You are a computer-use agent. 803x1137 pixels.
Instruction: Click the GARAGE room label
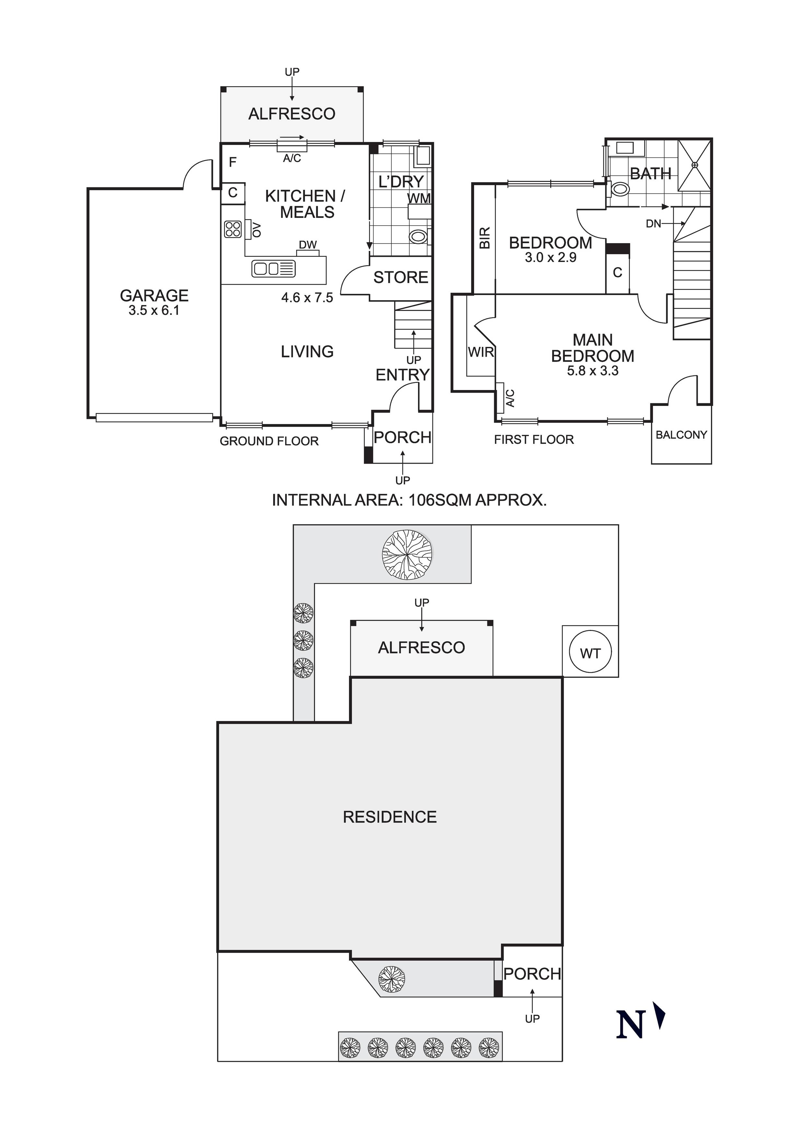coord(154,296)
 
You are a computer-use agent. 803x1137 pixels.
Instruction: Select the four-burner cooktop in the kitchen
coord(233,229)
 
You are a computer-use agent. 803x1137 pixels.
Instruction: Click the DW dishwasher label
coord(308,245)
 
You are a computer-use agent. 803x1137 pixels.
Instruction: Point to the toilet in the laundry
coord(418,236)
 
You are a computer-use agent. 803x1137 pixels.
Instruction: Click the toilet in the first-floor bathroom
coord(619,189)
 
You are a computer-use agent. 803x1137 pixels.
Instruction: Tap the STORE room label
coord(401,277)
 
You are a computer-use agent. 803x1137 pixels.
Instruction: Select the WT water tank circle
coord(590,653)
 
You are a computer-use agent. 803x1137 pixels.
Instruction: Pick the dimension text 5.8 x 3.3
coord(593,371)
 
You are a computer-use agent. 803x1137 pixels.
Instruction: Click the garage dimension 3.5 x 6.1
coord(154,311)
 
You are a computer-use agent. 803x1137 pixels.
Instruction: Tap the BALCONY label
coord(681,435)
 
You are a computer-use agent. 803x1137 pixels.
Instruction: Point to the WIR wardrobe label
coord(481,352)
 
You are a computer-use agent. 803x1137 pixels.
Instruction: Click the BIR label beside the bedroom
coord(485,238)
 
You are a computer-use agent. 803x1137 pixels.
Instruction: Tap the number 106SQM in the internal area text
coord(440,500)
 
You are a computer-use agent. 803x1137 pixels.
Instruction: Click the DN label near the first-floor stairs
coord(654,224)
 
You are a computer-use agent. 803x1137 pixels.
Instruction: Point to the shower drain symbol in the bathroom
coord(694,165)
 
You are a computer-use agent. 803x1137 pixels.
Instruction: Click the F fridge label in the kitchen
coord(233,162)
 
